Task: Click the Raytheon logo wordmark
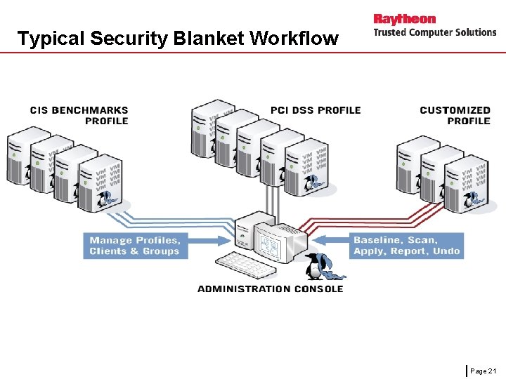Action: tap(404, 19)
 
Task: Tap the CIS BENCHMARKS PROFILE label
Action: tap(79, 115)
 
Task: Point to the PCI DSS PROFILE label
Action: tap(316, 110)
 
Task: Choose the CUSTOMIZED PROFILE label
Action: tap(455, 115)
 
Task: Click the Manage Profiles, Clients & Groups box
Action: tap(135, 246)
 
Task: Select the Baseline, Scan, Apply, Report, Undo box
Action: tap(406, 246)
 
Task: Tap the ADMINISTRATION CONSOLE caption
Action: tap(270, 288)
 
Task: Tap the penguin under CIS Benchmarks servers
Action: tap(108, 201)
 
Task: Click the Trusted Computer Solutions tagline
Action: tap(434, 32)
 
